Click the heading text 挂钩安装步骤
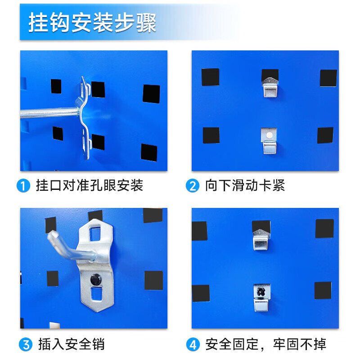click(92, 23)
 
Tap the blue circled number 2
click(193, 185)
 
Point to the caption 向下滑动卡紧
click(245, 185)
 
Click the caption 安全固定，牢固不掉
click(265, 345)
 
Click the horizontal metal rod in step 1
click(49, 112)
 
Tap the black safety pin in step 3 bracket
click(96, 279)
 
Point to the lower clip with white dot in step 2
click(270, 140)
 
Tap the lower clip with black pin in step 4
click(261, 297)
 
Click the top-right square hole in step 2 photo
click(328, 78)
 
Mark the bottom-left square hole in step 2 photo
click(211, 135)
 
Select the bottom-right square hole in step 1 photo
click(149, 153)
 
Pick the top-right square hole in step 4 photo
click(324, 229)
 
